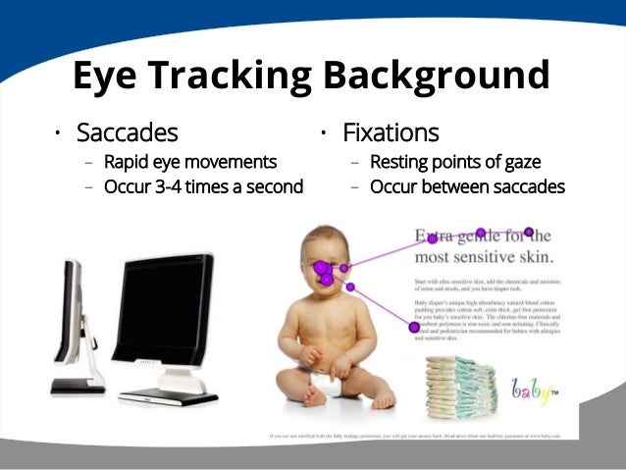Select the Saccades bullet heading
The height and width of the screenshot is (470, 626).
point(127,132)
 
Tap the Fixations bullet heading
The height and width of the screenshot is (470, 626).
point(391,132)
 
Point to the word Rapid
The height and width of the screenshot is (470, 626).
point(128,163)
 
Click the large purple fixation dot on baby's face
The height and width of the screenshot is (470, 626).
point(322,268)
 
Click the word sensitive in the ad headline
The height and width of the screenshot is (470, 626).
point(485,258)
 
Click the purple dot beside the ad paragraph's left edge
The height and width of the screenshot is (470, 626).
point(414,327)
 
